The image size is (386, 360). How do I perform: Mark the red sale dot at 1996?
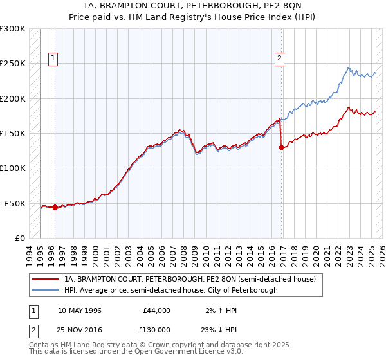tap(55, 207)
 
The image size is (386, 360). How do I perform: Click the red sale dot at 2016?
tap(281, 147)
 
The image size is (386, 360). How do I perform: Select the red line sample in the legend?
tap(46, 280)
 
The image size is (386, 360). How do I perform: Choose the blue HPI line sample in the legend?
tap(46, 290)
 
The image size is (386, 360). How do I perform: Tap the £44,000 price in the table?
tap(156, 310)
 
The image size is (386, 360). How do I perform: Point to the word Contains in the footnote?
tap(46, 345)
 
